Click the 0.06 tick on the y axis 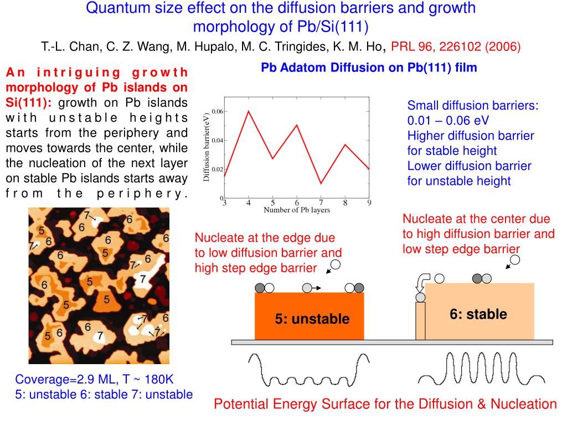(218, 111)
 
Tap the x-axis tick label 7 (321, 203)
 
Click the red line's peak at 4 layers (249, 111)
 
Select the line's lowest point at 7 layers (321, 183)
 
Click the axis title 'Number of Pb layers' (296, 210)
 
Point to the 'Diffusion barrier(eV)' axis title (207, 147)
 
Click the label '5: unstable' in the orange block (312, 319)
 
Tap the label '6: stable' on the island (478, 314)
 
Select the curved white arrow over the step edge (422, 281)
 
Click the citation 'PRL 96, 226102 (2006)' (456, 47)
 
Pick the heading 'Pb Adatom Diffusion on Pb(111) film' (369, 68)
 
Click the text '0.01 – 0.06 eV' (448, 121)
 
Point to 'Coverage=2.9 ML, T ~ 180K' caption (94, 380)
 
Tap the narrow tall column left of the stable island (420, 321)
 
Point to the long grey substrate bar (391, 343)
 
